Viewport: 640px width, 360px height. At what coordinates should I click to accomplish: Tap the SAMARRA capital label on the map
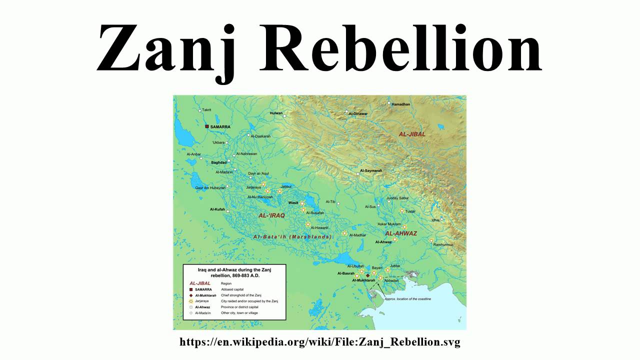coord(220,127)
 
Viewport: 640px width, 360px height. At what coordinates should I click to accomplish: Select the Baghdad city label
coord(218,162)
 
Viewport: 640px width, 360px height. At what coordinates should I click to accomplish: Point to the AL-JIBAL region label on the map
coord(412,134)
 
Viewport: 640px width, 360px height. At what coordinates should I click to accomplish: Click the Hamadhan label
coord(401,104)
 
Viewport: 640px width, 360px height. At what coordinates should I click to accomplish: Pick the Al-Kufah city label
coord(217,209)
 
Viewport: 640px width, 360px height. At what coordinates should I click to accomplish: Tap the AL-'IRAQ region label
coord(271,215)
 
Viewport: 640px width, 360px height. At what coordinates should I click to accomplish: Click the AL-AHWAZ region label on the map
coord(400,233)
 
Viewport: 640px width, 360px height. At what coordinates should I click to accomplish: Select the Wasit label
coord(293,203)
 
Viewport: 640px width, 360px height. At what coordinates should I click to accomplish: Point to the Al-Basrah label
coord(345,273)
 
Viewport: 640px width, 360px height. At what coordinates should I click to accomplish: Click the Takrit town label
coord(206,109)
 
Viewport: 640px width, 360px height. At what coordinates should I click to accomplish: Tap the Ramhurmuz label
coord(443,244)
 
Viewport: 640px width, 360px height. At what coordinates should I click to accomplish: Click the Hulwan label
coord(276,113)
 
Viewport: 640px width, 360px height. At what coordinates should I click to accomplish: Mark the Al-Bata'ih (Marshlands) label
coord(292,236)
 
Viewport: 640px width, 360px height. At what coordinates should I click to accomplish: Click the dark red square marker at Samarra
coord(206,127)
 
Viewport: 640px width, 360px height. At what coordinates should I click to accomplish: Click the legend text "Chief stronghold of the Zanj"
coord(241,295)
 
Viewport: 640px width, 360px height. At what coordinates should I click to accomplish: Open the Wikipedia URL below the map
coord(319,342)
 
